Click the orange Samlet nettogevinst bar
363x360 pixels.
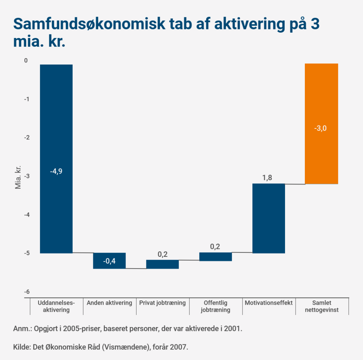click(x=321, y=106)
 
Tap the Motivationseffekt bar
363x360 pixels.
click(x=268, y=218)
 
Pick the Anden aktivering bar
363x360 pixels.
click(x=109, y=261)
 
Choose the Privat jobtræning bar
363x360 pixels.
click(x=162, y=264)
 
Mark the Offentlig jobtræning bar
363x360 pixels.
click(x=216, y=256)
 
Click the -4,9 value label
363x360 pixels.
click(x=56, y=171)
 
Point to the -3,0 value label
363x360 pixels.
click(x=320, y=128)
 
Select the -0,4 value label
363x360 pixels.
click(x=109, y=262)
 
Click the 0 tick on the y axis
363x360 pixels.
click(x=26, y=61)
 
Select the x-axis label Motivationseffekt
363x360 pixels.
click(x=268, y=303)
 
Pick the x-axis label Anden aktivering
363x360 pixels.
click(x=109, y=303)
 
